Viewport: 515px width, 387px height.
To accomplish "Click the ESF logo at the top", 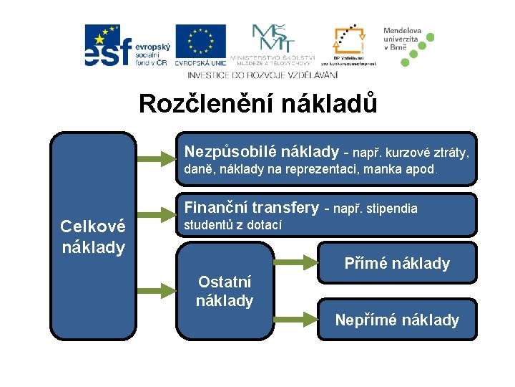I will tap(125, 46).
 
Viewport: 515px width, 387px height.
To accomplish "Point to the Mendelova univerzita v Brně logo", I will tap(408, 44).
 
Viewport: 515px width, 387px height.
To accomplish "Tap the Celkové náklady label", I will tap(93, 236).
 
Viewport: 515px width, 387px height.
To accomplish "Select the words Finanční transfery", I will tap(251, 209).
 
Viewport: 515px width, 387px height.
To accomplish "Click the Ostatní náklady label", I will tap(225, 290).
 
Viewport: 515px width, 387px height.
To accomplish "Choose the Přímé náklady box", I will tap(397, 263).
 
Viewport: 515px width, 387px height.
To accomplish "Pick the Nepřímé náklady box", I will tap(397, 320).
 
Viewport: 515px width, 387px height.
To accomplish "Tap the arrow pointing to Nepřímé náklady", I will tap(295, 316).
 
